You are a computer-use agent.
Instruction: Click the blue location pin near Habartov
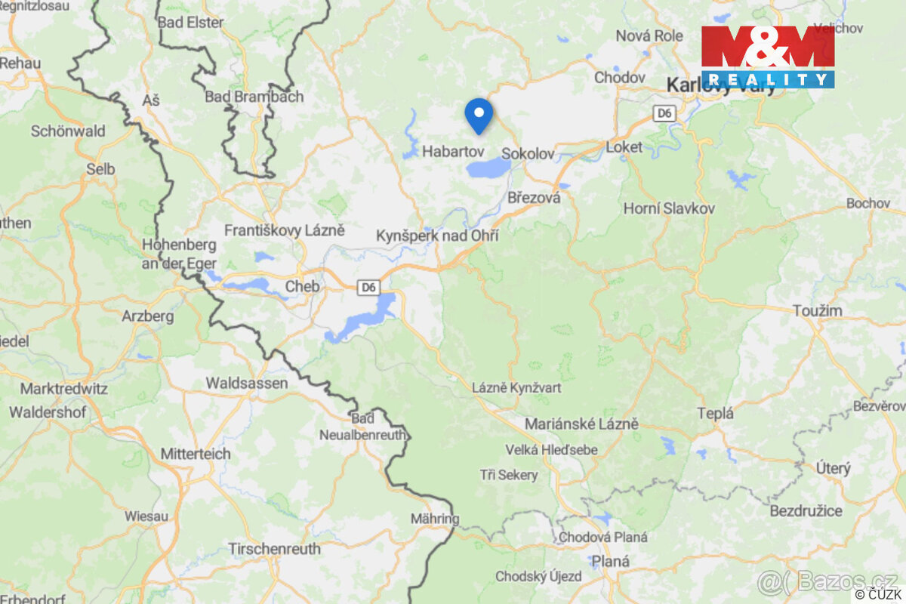pos(479,116)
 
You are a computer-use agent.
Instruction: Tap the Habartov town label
pos(453,152)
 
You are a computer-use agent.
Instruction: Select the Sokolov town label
pos(528,153)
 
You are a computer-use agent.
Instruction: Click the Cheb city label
pos(302,287)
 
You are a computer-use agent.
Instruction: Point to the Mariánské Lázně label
pos(581,424)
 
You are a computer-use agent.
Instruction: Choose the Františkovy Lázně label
pos(285,230)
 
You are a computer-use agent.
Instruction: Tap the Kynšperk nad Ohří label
pos(437,236)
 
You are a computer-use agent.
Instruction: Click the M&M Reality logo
pos(768,57)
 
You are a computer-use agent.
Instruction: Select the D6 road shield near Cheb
pos(368,287)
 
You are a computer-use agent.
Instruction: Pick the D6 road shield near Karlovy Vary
pos(664,113)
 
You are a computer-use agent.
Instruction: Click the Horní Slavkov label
pos(669,208)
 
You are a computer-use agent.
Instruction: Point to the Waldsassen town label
pos(247,384)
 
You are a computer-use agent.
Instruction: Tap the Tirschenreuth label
pos(274,549)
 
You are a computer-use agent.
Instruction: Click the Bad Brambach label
pos(254,97)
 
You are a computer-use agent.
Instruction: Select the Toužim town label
pos(818,311)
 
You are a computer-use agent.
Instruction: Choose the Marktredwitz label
pos(64,390)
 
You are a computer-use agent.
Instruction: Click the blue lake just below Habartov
pos(488,168)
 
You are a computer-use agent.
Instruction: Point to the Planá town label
pos(610,561)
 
